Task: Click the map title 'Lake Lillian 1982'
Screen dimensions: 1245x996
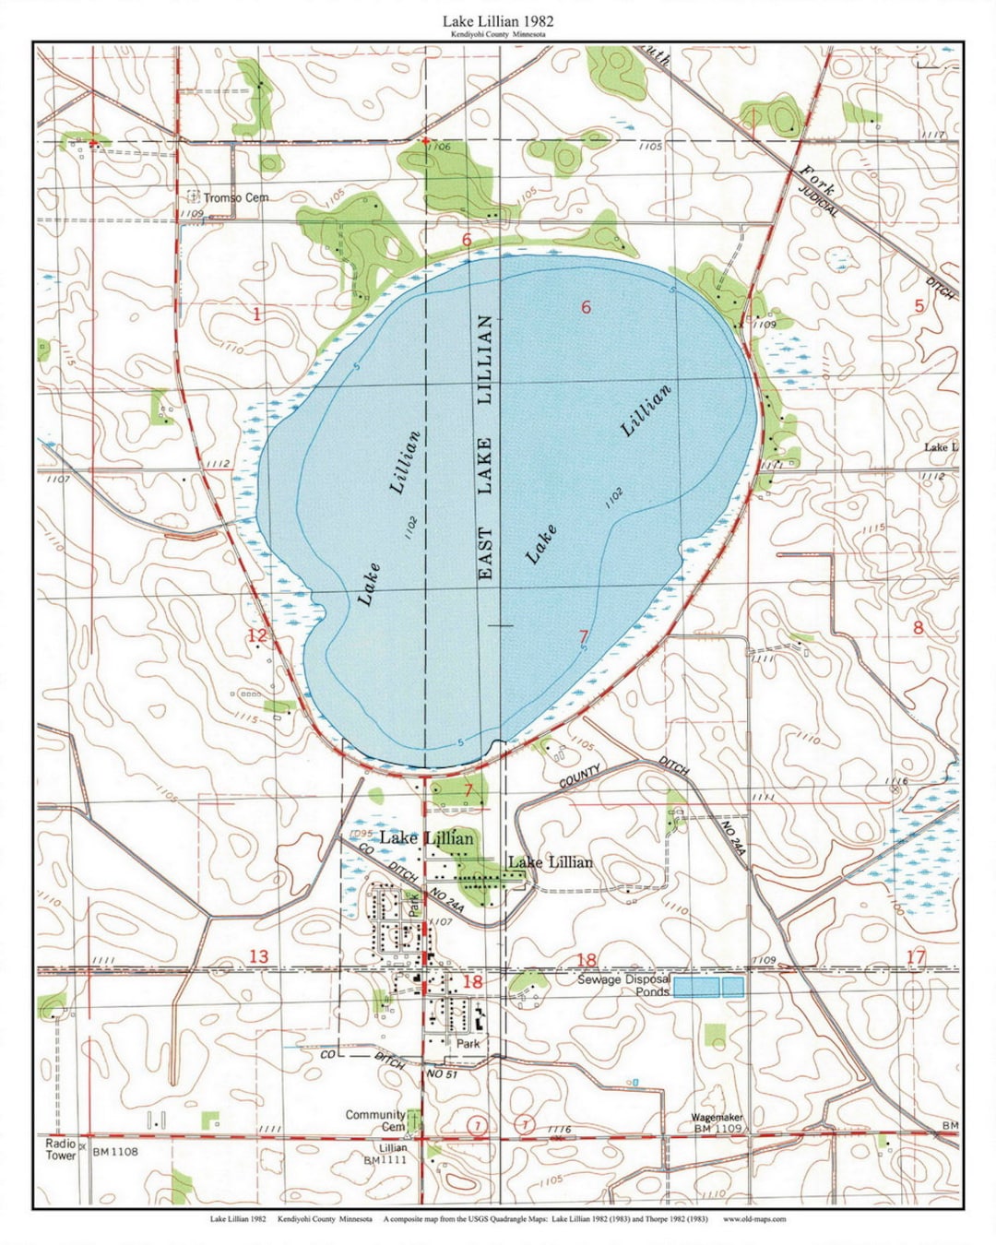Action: [497, 19]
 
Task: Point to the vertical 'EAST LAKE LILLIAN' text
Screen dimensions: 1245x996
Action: [485, 447]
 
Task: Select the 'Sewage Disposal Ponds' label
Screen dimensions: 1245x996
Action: [623, 985]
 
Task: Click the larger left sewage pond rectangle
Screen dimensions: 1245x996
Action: [695, 987]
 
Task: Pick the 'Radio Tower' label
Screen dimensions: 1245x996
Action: [61, 1149]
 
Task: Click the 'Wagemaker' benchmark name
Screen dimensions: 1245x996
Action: [717, 1117]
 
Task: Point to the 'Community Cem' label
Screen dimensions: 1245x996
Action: [375, 1120]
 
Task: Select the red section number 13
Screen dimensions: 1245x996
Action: [258, 956]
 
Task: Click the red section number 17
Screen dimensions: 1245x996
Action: [915, 957]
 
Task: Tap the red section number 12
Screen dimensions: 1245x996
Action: [256, 635]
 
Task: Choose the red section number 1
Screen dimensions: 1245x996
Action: [256, 314]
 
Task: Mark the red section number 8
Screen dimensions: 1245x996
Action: [918, 628]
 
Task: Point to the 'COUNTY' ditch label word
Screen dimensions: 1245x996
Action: [580, 777]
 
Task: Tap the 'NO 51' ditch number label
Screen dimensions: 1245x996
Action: [442, 1074]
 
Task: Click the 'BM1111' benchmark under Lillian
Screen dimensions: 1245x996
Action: [385, 1160]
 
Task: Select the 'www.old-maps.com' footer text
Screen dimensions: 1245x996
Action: [754, 1218]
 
